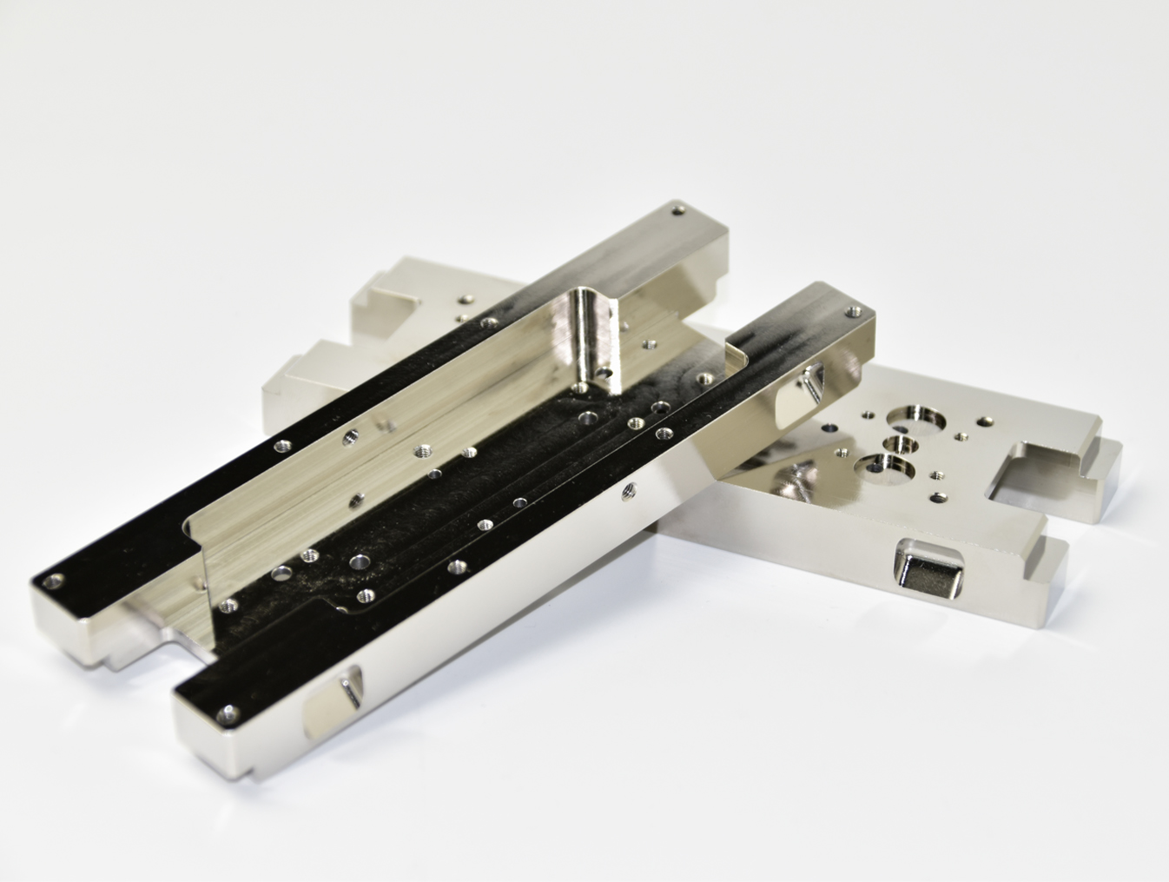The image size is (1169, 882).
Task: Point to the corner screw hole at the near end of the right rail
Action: click(x=228, y=715)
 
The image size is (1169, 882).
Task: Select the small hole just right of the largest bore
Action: click(x=961, y=434)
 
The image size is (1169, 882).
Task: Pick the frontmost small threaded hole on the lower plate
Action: click(x=938, y=498)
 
